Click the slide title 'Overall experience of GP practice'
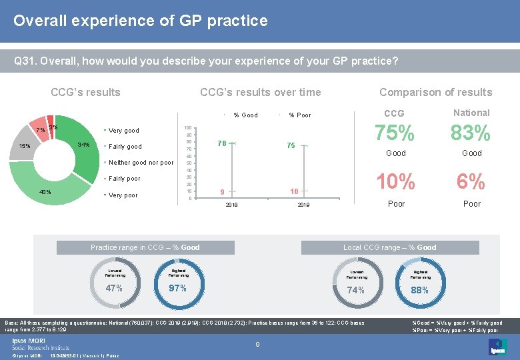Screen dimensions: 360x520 pyautogui.click(x=141, y=21)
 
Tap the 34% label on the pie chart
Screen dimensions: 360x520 pyautogui.click(x=84, y=145)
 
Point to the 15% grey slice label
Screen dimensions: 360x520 pyautogui.click(x=24, y=146)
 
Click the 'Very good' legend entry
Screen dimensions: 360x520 pyautogui.click(x=123, y=130)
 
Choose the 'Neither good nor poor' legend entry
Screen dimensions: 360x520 pyautogui.click(x=141, y=163)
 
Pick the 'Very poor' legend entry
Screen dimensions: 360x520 pyautogui.click(x=123, y=195)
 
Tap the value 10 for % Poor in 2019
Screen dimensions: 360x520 pyautogui.click(x=293, y=191)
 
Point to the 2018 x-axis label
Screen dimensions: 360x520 pyautogui.click(x=231, y=205)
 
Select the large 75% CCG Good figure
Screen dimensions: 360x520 pyautogui.click(x=396, y=134)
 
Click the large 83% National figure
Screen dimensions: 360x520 pyautogui.click(x=471, y=134)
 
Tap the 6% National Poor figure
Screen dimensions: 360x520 pyautogui.click(x=471, y=181)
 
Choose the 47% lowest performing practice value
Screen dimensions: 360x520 pyautogui.click(x=114, y=288)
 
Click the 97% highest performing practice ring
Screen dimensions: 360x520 pyautogui.click(x=177, y=288)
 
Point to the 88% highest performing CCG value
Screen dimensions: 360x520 pyautogui.click(x=419, y=290)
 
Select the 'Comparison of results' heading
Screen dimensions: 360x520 pyautogui.click(x=435, y=93)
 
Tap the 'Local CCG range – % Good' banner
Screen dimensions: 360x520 pyautogui.click(x=389, y=247)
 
